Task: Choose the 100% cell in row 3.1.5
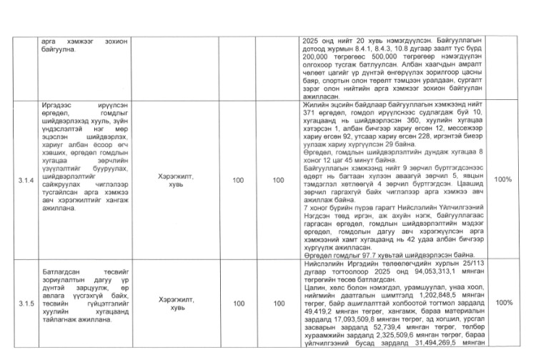pos(503,303)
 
